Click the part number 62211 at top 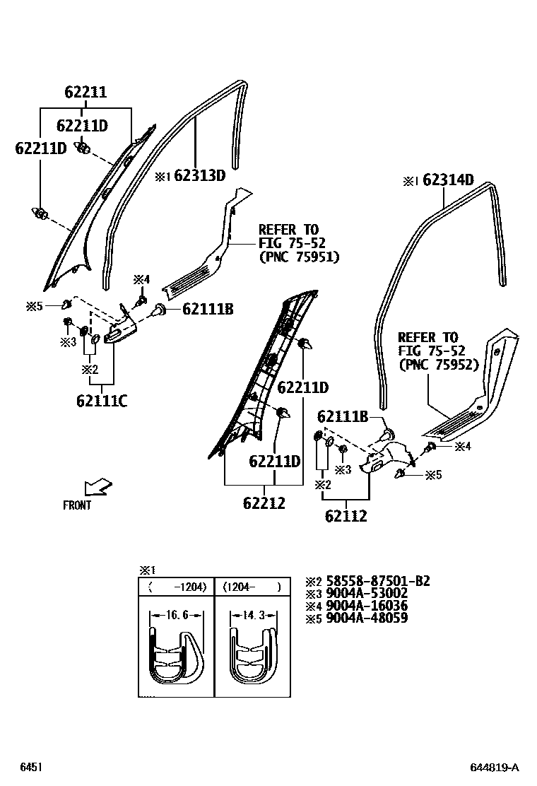click(85, 92)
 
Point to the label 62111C click(102, 401)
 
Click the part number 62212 click(264, 503)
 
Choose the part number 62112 click(346, 516)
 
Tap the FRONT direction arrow click(98, 486)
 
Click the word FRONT click(77, 505)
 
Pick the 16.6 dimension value click(176, 616)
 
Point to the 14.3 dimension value click(252, 616)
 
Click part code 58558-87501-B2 click(377, 581)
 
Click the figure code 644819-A click(495, 768)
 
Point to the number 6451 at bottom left click(30, 768)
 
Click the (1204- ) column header click(252, 587)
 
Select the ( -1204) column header click(176, 587)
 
